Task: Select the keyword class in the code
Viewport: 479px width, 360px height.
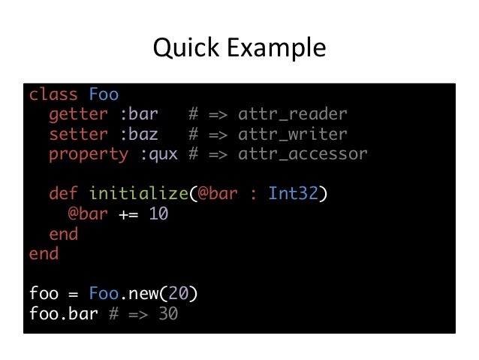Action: coord(53,95)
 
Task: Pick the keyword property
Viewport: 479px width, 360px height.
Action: coord(88,155)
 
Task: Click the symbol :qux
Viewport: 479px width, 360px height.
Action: coord(157,155)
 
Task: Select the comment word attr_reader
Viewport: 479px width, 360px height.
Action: coord(292,115)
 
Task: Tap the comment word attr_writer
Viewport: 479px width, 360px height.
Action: coord(292,135)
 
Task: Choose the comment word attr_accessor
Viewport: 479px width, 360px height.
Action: coord(302,155)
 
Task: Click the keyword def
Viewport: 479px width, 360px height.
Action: coord(63,194)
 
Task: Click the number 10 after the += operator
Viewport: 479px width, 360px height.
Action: coord(158,213)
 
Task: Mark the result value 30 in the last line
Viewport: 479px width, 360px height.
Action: coord(167,313)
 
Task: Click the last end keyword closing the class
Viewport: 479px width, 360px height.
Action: coord(44,253)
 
